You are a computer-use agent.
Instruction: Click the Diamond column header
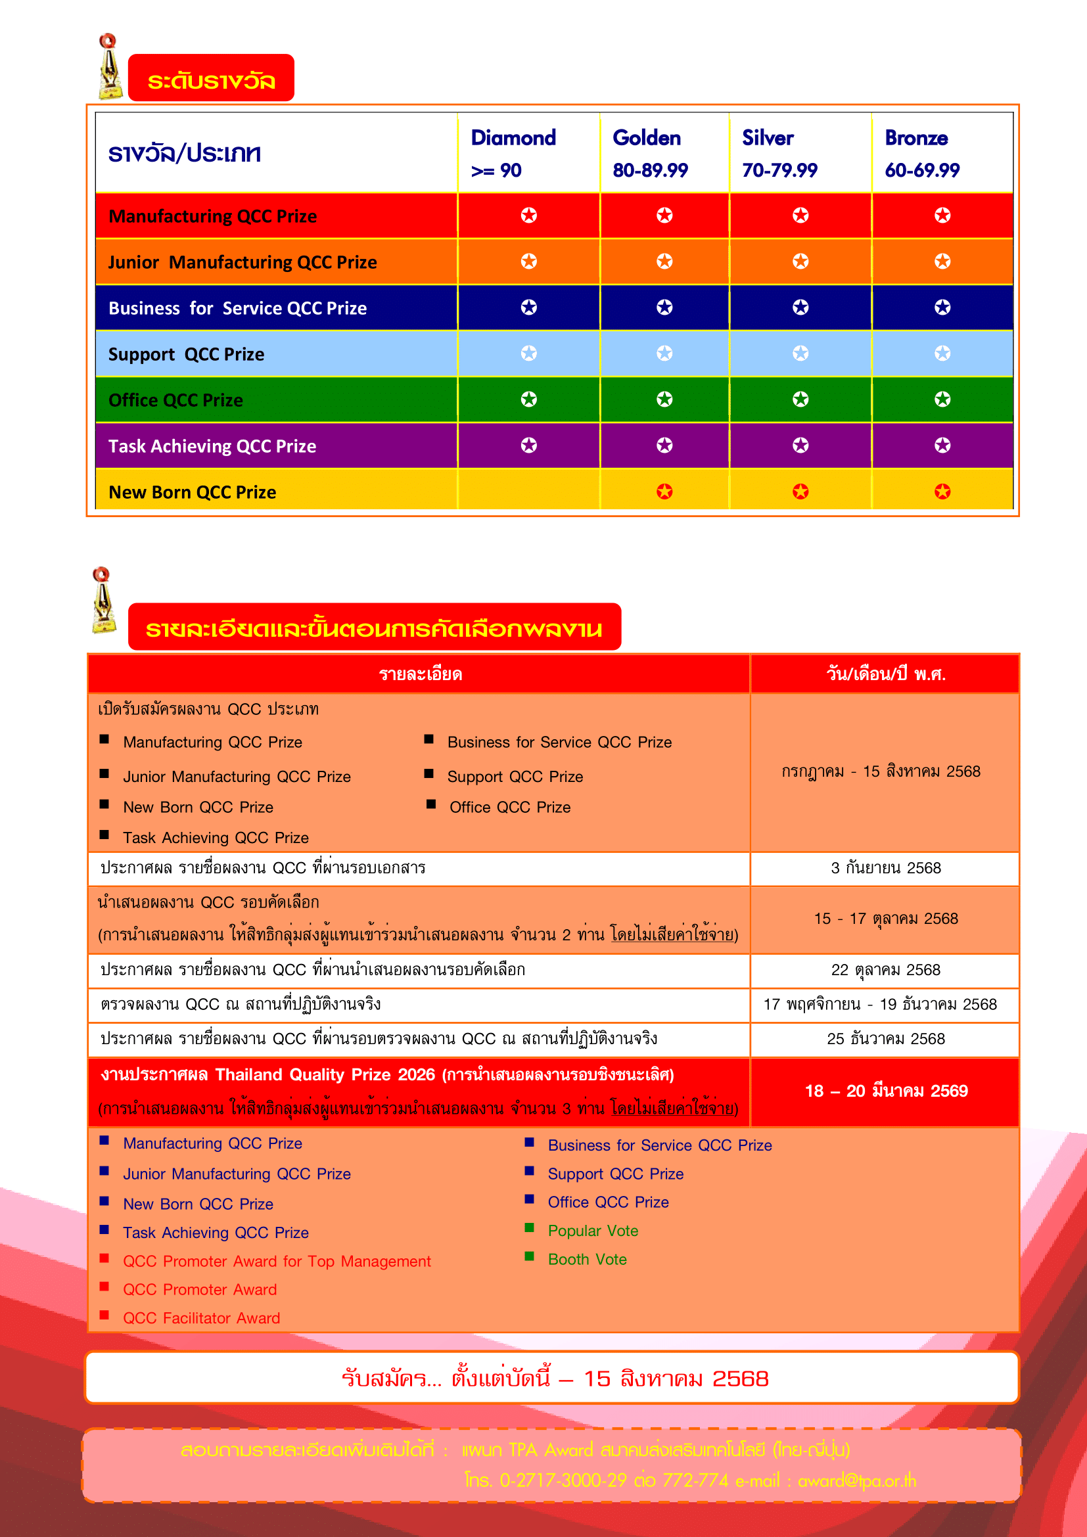coord(513,153)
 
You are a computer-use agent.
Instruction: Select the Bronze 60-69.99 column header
coord(921,153)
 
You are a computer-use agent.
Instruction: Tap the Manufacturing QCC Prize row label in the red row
coord(213,216)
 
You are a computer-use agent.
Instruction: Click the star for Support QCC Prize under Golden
coord(664,353)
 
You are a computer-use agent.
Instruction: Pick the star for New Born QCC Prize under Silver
coord(800,492)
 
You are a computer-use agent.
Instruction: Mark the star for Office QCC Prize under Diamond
coord(529,400)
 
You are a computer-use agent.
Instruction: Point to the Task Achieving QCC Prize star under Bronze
coord(942,445)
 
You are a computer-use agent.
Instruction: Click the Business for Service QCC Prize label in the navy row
coord(238,308)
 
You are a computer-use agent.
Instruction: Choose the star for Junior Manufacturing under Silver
coord(800,261)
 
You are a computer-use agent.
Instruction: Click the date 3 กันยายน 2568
coord(885,868)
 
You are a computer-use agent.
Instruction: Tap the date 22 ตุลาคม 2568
coord(885,970)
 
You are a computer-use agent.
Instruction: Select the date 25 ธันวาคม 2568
coord(885,1039)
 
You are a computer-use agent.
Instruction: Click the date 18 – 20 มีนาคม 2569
coord(886,1091)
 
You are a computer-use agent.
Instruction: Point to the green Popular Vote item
coord(593,1231)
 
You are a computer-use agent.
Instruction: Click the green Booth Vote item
coord(587,1260)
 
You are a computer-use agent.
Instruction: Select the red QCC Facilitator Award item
coord(202,1318)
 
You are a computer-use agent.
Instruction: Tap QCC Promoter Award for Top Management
coord(277,1261)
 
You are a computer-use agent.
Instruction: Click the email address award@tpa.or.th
coord(857,1480)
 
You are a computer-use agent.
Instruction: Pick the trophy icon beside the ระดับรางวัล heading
coord(110,68)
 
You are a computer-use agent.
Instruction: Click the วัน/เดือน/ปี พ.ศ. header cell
coord(885,674)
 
